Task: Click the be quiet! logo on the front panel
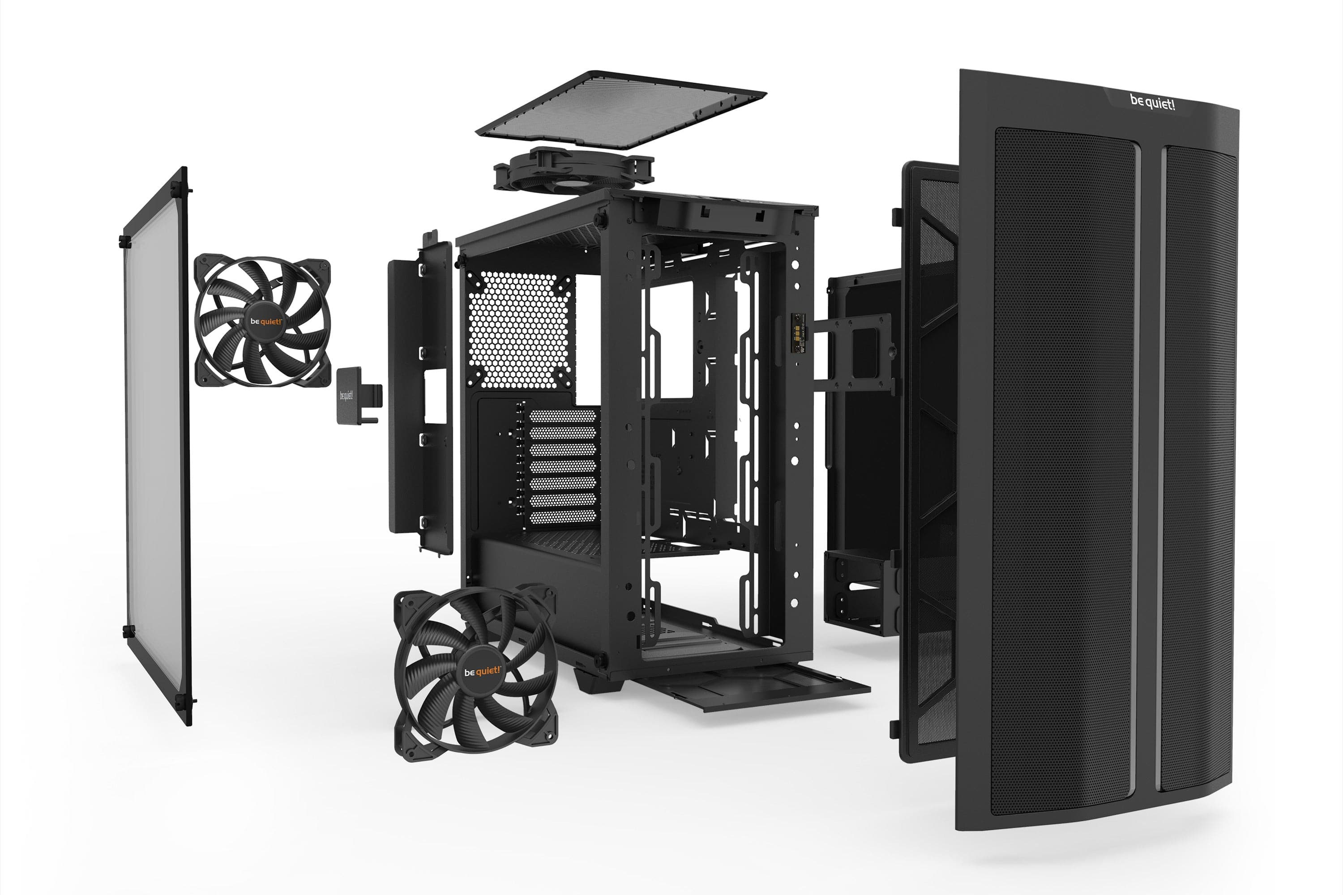point(1152,103)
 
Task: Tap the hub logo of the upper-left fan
point(266,321)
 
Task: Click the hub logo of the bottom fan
point(482,671)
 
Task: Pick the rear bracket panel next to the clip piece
point(421,394)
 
